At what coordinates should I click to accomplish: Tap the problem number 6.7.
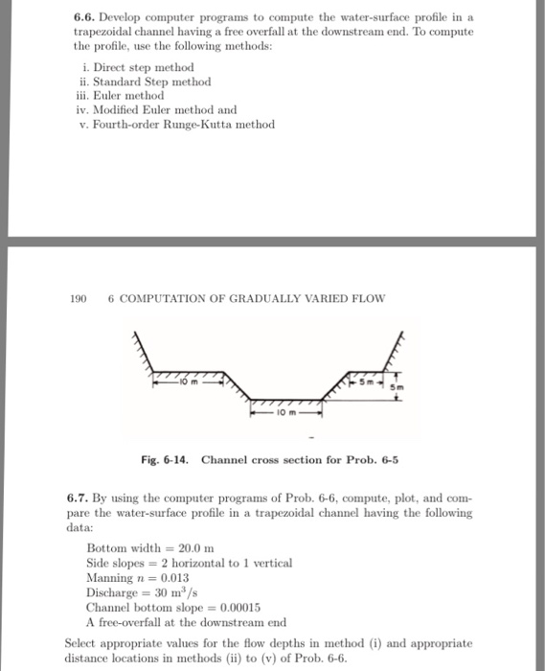coord(79,499)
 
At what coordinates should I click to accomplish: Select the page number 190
coord(78,298)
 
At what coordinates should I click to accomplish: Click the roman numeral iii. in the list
coord(83,96)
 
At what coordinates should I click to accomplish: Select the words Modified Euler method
coord(148,110)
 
